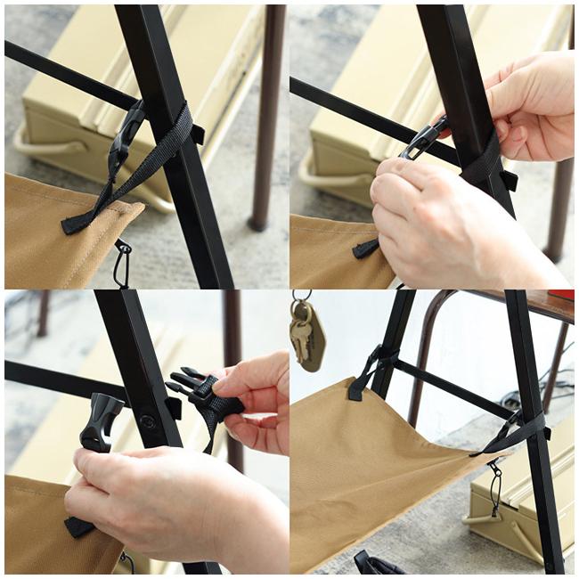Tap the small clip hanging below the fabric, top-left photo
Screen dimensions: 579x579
point(121,263)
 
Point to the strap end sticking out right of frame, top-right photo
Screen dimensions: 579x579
point(509,180)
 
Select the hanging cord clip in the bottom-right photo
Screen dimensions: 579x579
point(493,485)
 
